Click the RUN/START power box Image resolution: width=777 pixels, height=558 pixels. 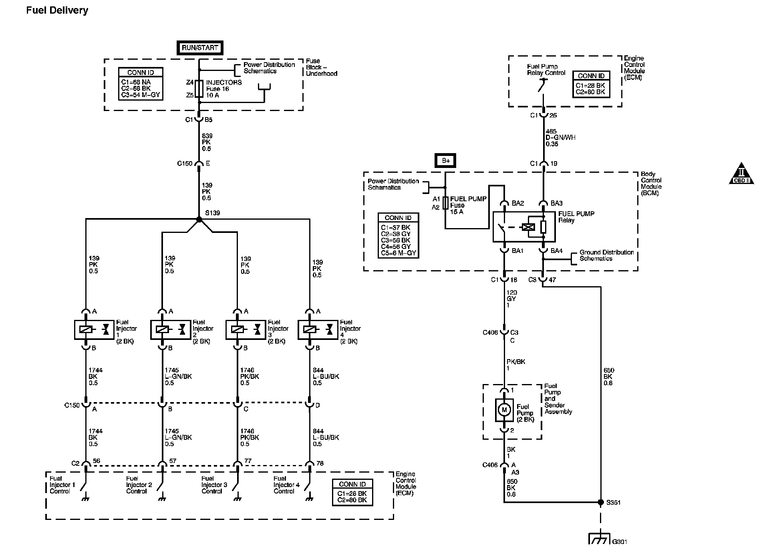click(x=199, y=48)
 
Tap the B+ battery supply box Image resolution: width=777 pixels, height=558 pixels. click(x=445, y=161)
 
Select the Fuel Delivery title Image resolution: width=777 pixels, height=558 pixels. click(x=57, y=10)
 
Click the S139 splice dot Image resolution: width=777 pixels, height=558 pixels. click(x=199, y=219)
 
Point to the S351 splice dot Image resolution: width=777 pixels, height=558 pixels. click(x=600, y=502)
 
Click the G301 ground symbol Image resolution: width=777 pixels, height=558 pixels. click(x=599, y=539)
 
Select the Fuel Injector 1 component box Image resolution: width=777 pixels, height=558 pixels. click(x=95, y=330)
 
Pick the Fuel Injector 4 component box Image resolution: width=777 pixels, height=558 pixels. click(x=318, y=330)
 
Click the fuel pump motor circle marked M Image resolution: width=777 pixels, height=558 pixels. click(x=504, y=410)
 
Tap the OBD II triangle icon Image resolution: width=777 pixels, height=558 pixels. click(x=741, y=174)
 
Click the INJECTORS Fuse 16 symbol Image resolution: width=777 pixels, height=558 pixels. click(x=199, y=89)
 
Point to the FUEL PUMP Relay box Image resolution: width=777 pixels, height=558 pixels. click(x=524, y=227)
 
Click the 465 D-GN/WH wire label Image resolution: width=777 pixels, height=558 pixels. click(x=560, y=137)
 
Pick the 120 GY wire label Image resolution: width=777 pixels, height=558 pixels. click(x=511, y=299)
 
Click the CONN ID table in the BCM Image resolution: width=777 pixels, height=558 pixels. click(x=398, y=235)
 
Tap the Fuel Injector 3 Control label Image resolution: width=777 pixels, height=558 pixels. click(x=214, y=485)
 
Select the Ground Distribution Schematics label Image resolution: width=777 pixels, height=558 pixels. click(x=606, y=255)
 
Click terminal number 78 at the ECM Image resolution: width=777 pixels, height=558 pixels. click(x=319, y=463)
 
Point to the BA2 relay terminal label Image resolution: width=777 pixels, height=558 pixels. click(x=517, y=203)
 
